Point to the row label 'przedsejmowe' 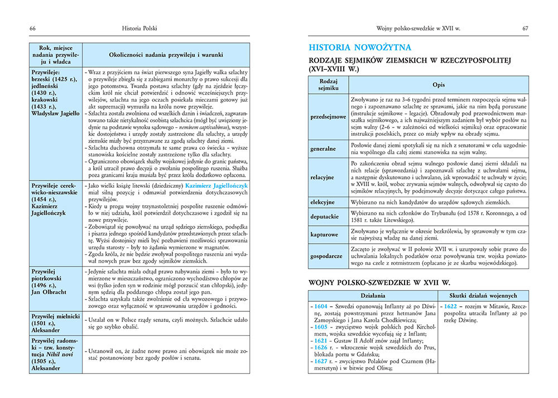327,117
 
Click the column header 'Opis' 439,84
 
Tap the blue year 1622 451,306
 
